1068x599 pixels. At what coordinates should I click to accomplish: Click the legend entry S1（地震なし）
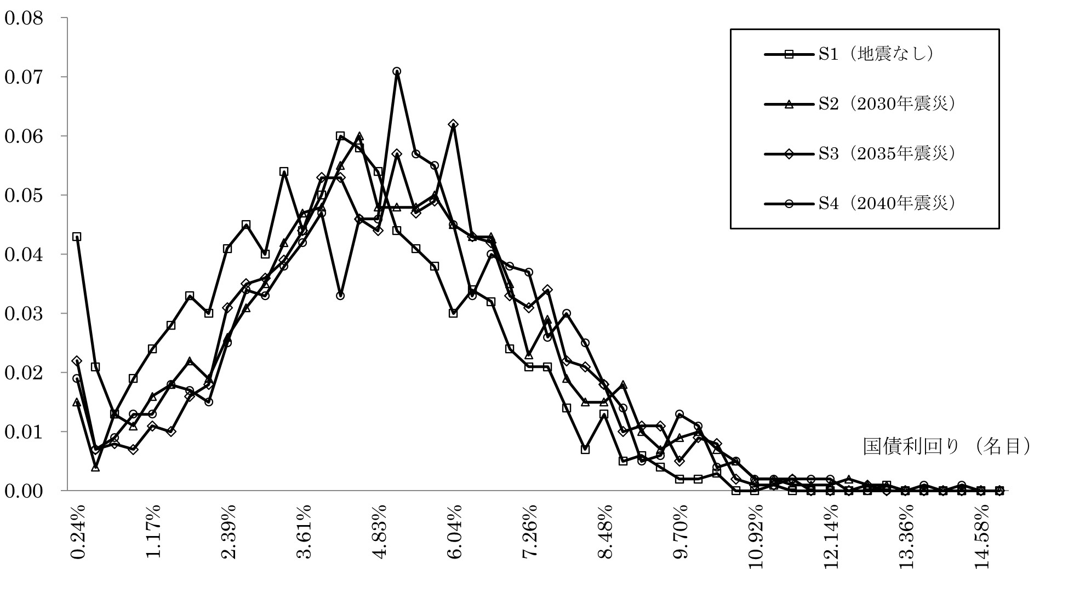[x=876, y=54]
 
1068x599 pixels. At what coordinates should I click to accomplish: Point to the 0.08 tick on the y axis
[x=24, y=18]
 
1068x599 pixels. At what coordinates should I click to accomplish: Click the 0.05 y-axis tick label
[x=24, y=195]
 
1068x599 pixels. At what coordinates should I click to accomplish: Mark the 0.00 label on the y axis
[x=24, y=491]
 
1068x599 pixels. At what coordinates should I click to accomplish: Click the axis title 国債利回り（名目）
[x=946, y=447]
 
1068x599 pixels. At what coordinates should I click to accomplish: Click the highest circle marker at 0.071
[x=397, y=71]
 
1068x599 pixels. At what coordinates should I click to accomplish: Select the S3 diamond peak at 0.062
[x=453, y=124]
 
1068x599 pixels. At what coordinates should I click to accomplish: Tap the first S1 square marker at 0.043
[x=77, y=237]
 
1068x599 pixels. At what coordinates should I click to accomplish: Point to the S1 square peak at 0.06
[x=340, y=136]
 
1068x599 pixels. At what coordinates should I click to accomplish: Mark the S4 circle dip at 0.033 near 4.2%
[x=340, y=296]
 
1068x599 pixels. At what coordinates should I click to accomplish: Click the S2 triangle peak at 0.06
[x=359, y=136]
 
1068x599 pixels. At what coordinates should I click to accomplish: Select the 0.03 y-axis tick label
[x=24, y=314]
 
